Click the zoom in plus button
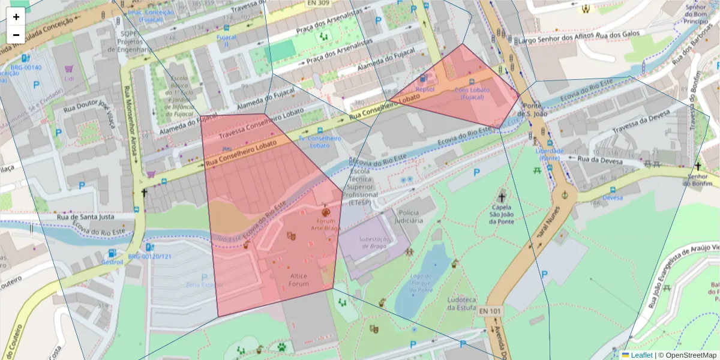click(16, 17)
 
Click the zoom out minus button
click(16, 35)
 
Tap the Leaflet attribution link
click(641, 355)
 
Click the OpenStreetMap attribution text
click(688, 355)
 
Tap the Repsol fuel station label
click(425, 89)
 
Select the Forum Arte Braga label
click(326, 224)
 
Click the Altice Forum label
click(298, 280)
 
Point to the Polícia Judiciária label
click(409, 217)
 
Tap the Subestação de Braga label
click(367, 242)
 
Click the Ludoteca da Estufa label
click(461, 303)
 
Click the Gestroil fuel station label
click(112, 262)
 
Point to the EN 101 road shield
click(490, 311)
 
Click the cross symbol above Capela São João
click(502, 196)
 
